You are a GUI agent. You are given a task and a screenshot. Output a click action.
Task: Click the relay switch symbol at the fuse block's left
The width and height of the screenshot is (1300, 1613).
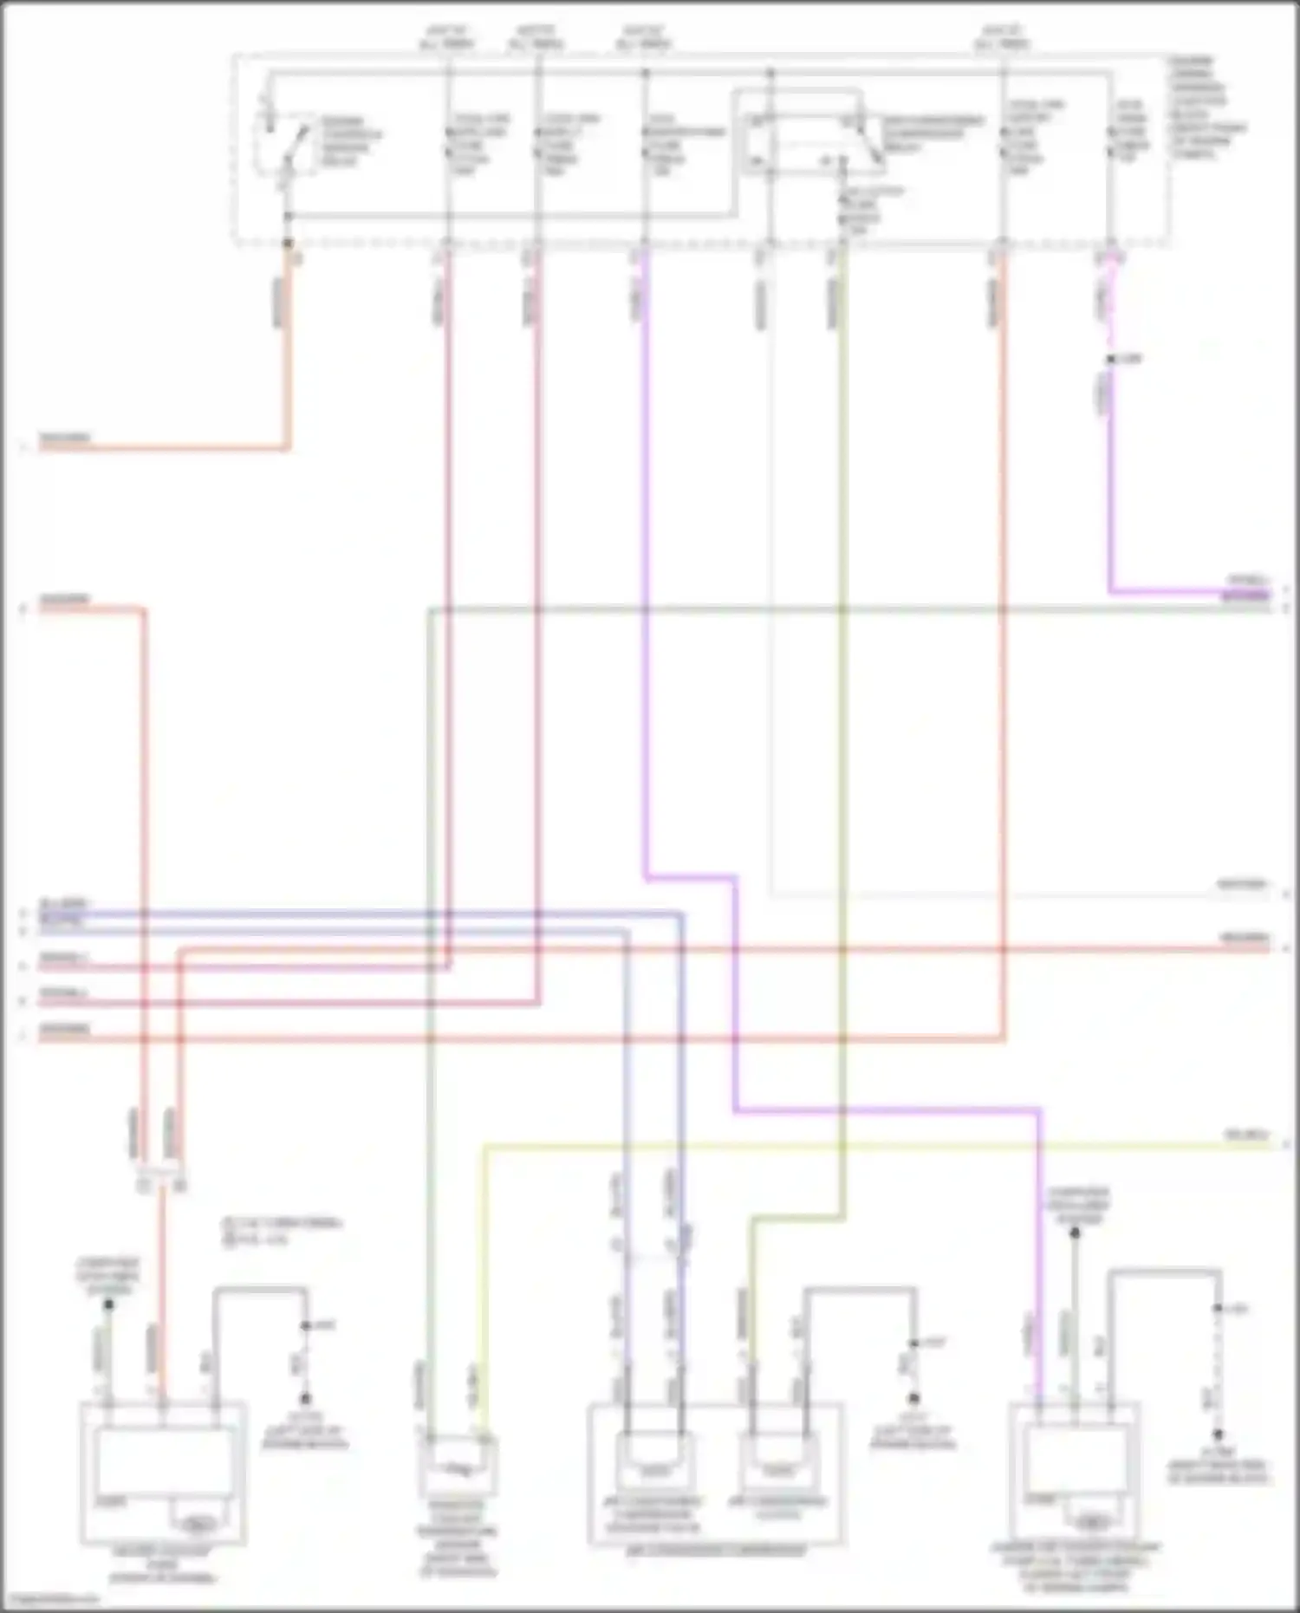[x=287, y=143]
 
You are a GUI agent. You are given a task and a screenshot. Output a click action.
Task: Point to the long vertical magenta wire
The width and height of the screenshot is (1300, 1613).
[x=646, y=563]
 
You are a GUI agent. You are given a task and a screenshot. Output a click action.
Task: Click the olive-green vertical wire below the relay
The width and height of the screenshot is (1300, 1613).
[x=842, y=693]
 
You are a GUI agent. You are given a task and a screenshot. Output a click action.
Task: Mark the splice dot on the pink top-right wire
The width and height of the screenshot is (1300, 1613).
[x=1110, y=359]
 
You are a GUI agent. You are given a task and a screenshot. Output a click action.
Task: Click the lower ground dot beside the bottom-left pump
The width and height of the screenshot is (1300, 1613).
[x=305, y=1398]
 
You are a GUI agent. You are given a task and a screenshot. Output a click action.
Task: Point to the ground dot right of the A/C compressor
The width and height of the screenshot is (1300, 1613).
[x=913, y=1398]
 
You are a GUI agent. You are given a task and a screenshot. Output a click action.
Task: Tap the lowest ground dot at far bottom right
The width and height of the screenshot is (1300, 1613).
[x=1218, y=1434]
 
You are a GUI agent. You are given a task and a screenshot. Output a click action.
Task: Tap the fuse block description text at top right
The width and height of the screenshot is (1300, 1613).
[x=1205, y=108]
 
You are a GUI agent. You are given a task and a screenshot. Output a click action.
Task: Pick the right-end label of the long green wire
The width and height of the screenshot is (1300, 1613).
[x=1245, y=598]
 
